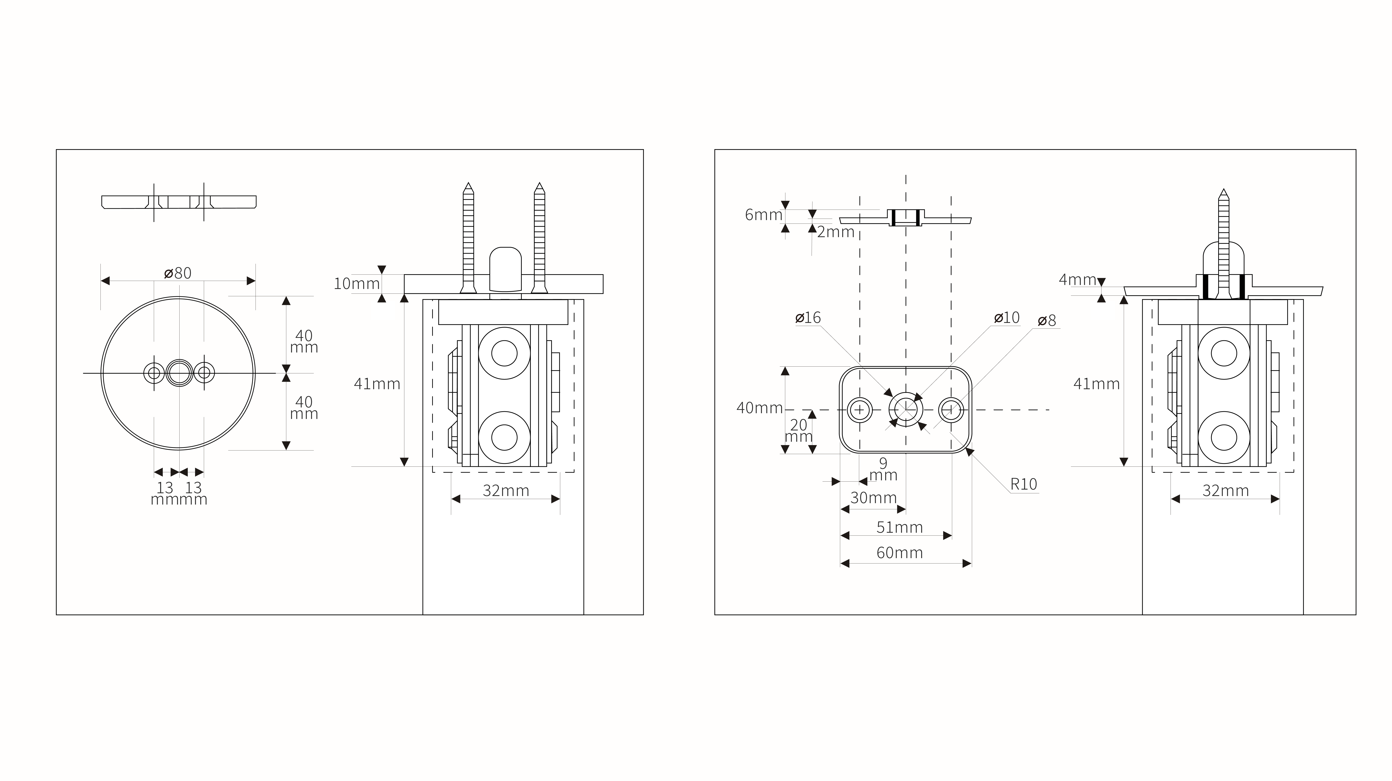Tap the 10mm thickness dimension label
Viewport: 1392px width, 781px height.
[x=357, y=284]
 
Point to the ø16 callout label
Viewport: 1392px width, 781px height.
[x=808, y=318]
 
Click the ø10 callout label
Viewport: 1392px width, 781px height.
[x=1007, y=318]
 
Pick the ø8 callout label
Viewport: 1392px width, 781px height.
[x=1047, y=320]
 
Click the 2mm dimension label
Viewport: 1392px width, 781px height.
[x=835, y=232]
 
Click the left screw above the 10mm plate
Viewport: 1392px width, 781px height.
[x=468, y=238]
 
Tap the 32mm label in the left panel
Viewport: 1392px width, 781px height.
[x=506, y=491]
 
